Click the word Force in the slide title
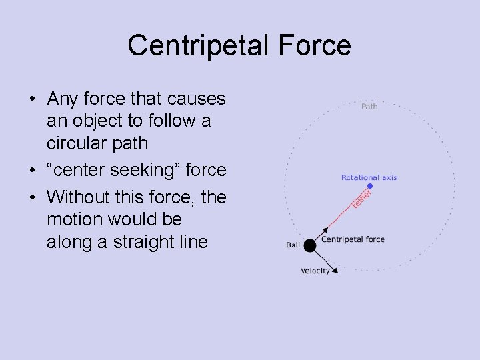click(317, 45)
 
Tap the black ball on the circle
click(310, 246)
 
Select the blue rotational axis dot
click(370, 186)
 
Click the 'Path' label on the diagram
click(369, 106)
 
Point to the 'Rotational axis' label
click(369, 177)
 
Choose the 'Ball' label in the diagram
click(293, 245)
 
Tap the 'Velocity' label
click(315, 271)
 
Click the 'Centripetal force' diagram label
click(353, 239)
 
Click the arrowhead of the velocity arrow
click(335, 270)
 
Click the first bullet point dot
click(32, 100)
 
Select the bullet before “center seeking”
click(32, 171)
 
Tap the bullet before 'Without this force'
click(32, 198)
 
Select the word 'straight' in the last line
click(134, 242)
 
